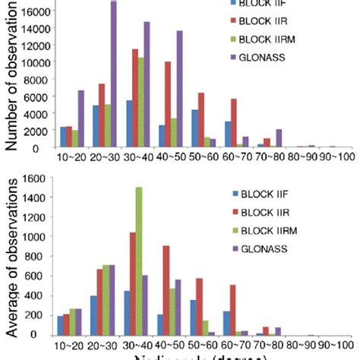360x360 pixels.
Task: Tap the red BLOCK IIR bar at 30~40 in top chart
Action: [135, 99]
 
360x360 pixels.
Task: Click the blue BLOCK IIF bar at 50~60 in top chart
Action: [194, 128]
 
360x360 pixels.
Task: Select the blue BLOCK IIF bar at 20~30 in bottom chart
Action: [93, 315]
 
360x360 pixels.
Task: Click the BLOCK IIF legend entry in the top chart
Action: [269, 10]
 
